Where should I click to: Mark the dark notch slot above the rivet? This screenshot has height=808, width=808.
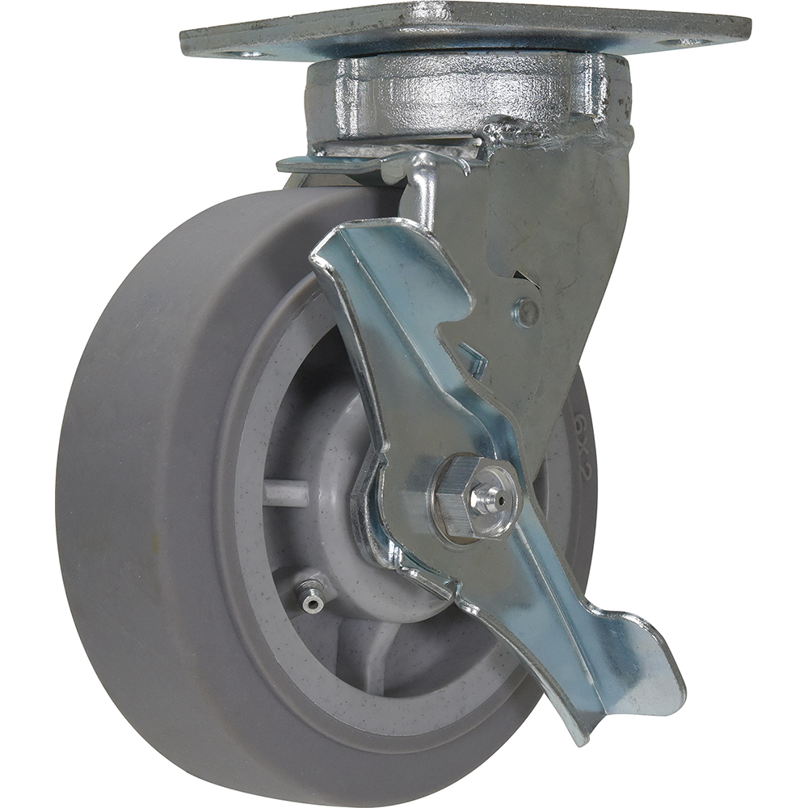pos(525,279)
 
